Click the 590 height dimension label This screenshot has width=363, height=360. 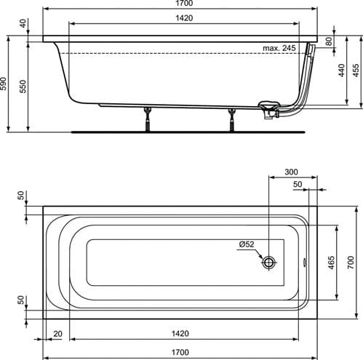[x=3, y=84]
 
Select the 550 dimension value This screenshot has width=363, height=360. [x=23, y=86]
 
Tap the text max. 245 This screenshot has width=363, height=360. [x=279, y=48]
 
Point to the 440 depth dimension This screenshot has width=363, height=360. [x=341, y=71]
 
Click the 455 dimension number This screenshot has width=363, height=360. [x=356, y=71]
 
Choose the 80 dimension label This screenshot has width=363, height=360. [x=329, y=41]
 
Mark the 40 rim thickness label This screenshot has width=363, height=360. [x=23, y=23]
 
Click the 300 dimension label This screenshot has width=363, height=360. [x=291, y=172]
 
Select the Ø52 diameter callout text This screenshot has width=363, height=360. [x=247, y=244]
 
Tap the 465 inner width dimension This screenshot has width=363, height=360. [x=331, y=263]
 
